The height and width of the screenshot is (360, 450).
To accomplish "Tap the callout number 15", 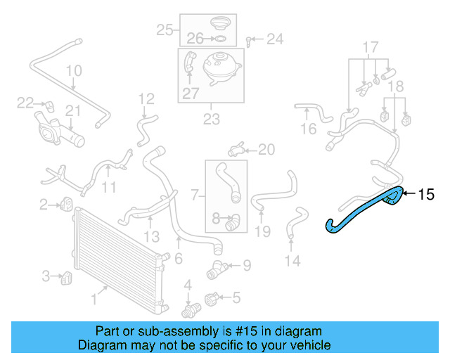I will click(427, 194).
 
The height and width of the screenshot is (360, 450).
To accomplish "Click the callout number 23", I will click(211, 120).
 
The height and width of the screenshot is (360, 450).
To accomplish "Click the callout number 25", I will click(165, 30).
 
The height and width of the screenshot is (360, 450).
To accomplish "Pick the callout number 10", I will click(74, 71).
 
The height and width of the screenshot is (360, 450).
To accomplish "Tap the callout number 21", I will click(73, 110).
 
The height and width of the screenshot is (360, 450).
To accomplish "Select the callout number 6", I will click(179, 259).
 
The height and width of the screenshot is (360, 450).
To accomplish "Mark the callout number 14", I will click(292, 261).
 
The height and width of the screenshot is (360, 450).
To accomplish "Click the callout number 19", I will click(262, 231).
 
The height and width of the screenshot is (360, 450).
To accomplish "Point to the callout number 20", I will click(266, 149).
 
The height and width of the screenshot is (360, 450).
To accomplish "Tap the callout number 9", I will click(246, 266).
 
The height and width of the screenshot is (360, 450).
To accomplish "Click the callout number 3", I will click(45, 276).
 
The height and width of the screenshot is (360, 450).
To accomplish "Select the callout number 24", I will click(274, 39).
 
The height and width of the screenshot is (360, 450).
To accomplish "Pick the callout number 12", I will click(146, 98).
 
